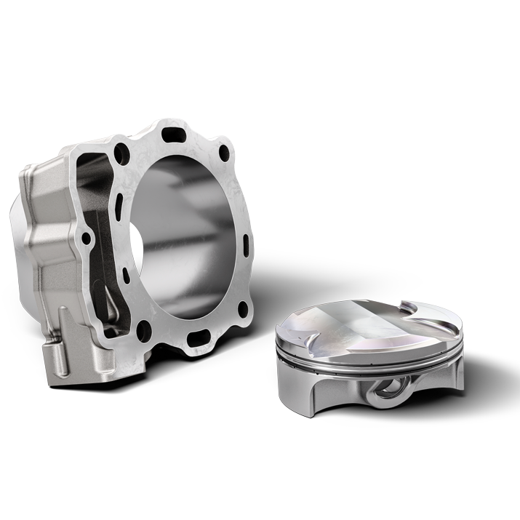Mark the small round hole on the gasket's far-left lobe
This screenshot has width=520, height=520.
87,237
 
